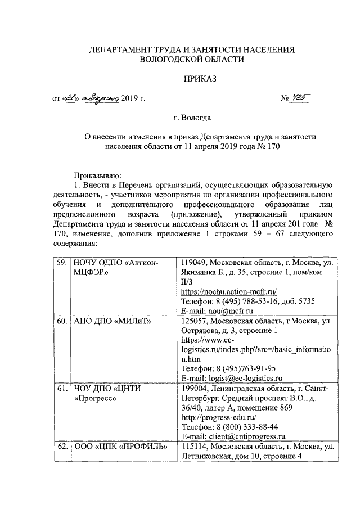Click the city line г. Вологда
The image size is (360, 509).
[x=192, y=118]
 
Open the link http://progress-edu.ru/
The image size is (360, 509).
[x=218, y=417]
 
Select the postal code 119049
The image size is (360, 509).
[x=193, y=263]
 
